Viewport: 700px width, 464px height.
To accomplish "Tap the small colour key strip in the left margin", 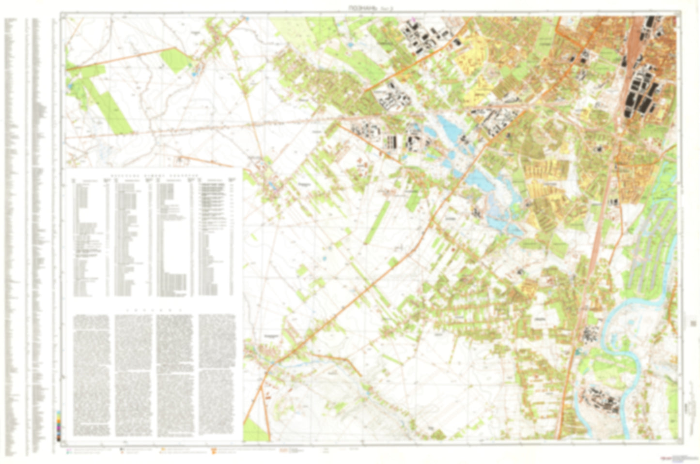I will tap(59, 426).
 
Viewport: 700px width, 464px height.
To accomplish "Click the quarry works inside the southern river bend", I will tap(601, 400).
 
